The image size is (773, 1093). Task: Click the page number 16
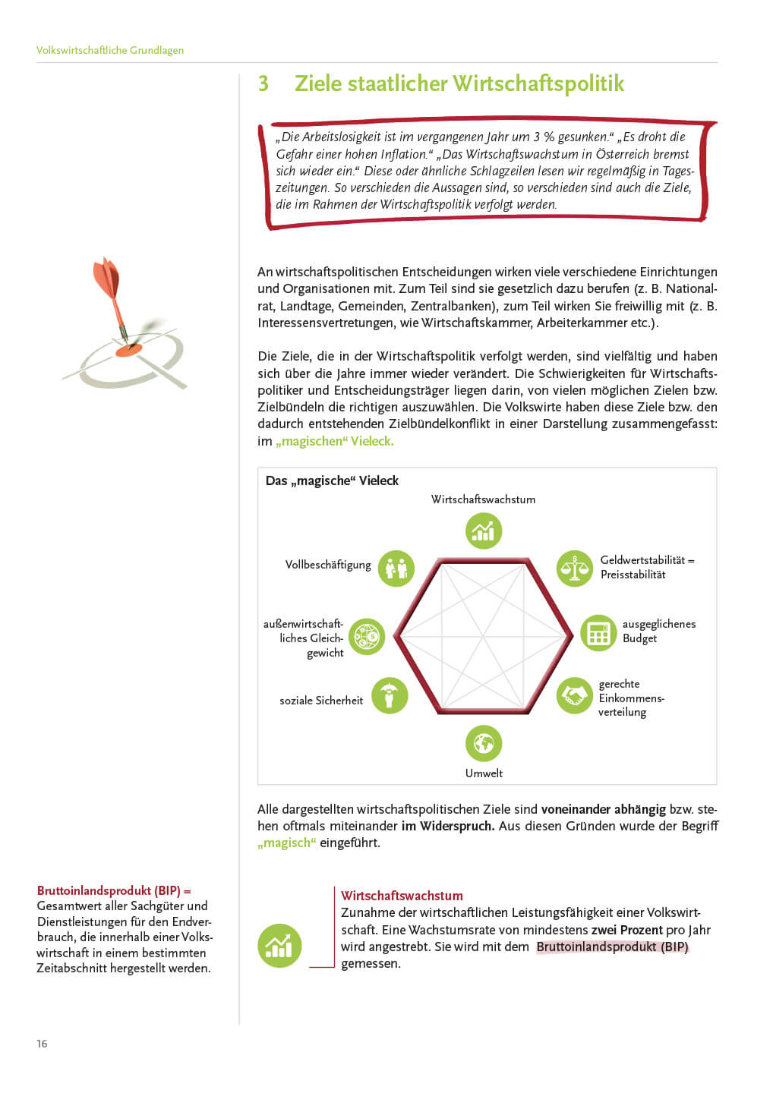[x=42, y=1044]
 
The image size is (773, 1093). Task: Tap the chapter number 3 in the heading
[x=263, y=83]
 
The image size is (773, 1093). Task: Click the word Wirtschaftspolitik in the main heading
[x=538, y=83]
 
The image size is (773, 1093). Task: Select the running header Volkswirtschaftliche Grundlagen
[x=110, y=50]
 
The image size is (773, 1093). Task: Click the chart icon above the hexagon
[x=484, y=531]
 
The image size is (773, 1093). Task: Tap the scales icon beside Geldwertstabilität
[x=574, y=568]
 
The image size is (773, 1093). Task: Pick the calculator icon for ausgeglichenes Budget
[x=599, y=633]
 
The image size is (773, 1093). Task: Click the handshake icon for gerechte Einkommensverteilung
[x=574, y=695]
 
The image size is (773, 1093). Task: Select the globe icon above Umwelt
[x=484, y=743]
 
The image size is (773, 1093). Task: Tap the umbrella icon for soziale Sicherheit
[x=390, y=695]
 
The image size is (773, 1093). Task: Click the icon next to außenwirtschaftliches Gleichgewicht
[x=367, y=636]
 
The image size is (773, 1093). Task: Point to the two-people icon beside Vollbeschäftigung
[x=396, y=568]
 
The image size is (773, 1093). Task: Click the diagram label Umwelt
[x=484, y=773]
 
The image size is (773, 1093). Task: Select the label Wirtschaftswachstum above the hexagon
[x=483, y=499]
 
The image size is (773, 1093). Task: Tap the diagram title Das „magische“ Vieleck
[x=332, y=480]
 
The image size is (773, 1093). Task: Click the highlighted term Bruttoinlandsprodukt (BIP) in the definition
[x=612, y=947]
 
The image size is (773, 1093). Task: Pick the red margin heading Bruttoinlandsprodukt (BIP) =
[x=114, y=890]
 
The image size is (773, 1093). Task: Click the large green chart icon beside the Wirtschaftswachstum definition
[x=279, y=946]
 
